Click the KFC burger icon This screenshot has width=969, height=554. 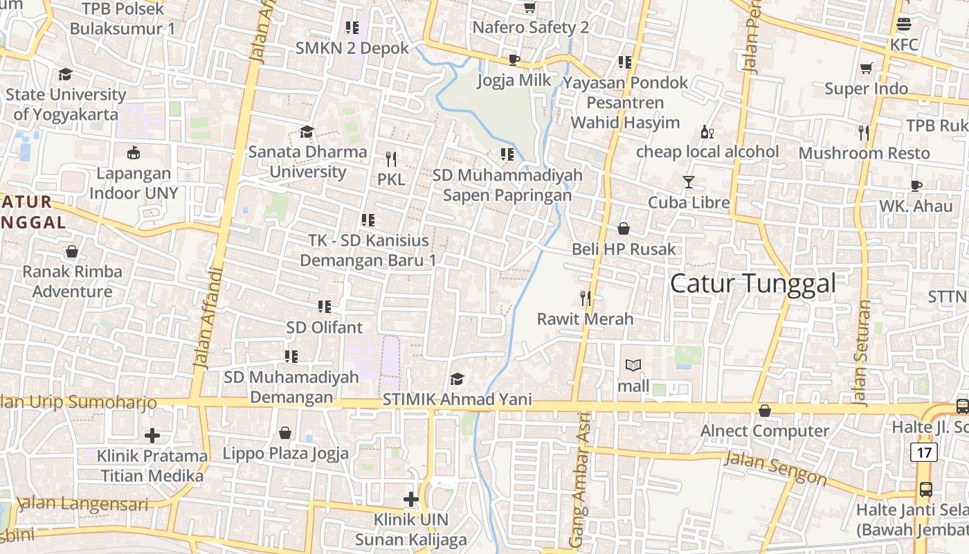tap(903, 24)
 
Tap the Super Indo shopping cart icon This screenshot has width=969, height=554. tap(866, 68)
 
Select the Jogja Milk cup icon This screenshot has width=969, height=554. tap(514, 60)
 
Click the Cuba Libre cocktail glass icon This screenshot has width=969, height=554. tap(688, 182)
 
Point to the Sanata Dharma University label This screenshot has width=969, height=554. tap(307, 161)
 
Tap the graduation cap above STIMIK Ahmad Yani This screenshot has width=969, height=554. tap(457, 379)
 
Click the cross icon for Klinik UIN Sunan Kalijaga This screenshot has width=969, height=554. tap(411, 499)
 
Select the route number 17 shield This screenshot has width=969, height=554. tap(924, 452)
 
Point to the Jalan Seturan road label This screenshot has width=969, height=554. tap(861, 353)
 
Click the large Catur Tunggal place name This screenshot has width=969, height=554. tap(753, 283)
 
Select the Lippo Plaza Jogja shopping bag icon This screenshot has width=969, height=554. tap(284, 434)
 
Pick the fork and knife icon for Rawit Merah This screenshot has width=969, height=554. tap(586, 298)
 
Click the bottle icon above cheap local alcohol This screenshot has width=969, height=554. tap(707, 132)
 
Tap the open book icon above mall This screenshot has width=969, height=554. tap(633, 365)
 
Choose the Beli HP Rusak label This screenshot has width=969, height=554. tap(624, 249)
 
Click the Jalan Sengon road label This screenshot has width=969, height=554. tap(775, 468)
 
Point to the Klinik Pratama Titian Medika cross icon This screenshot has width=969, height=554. tap(152, 436)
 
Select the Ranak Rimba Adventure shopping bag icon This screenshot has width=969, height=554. tap(72, 251)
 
